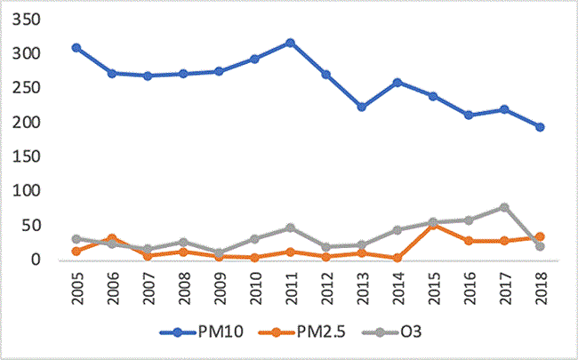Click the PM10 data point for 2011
[x=290, y=43]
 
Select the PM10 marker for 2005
[x=76, y=48]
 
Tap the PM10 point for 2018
[x=540, y=127]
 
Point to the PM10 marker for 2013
[x=361, y=107]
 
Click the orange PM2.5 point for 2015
[x=433, y=225]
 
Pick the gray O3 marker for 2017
[x=504, y=207]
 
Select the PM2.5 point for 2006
[x=112, y=238]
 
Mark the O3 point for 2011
[x=290, y=228]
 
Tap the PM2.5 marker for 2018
[x=540, y=237]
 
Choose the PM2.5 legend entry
[x=293, y=333]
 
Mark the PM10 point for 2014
[x=397, y=82]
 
